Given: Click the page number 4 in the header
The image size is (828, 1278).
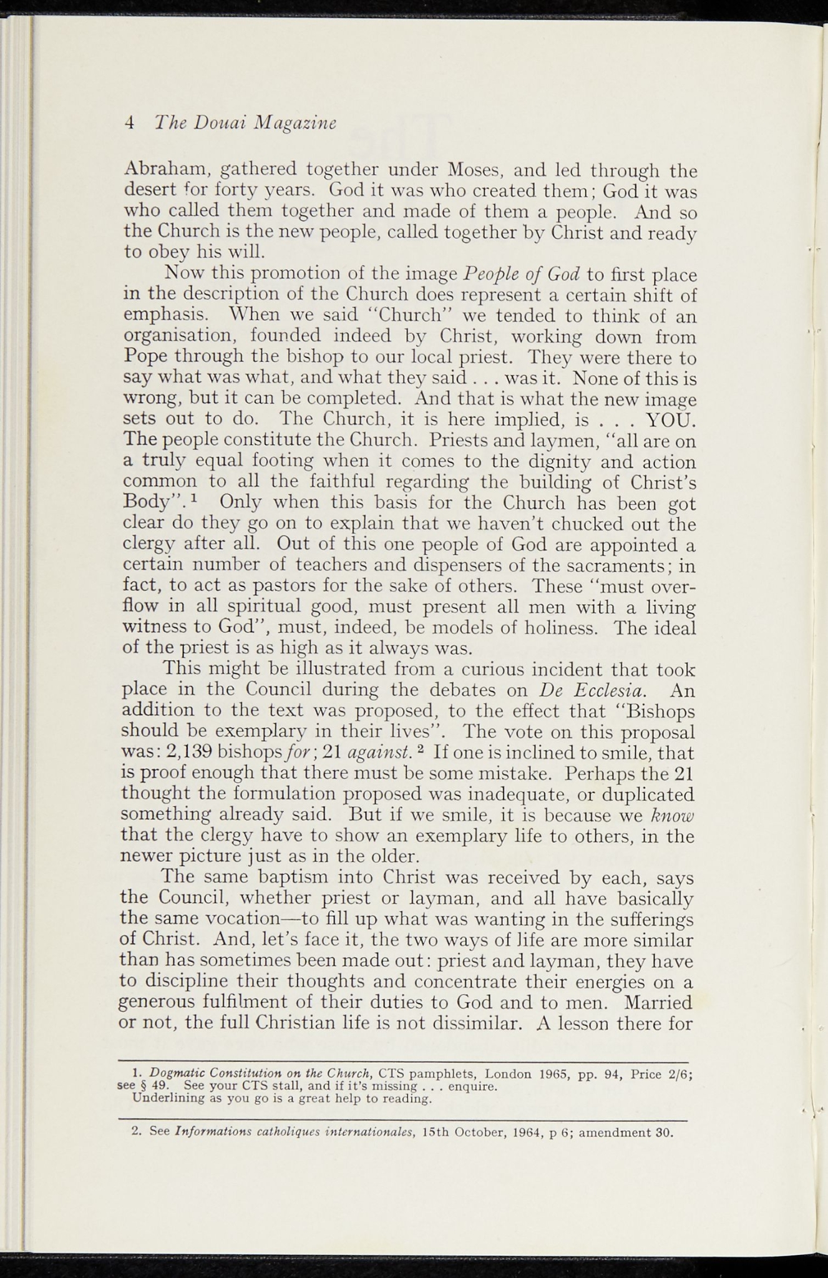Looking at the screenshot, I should click(130, 122).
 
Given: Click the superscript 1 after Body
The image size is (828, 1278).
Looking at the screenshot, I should click(194, 499).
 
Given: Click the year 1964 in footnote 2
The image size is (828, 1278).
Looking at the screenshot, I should click(528, 1133).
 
